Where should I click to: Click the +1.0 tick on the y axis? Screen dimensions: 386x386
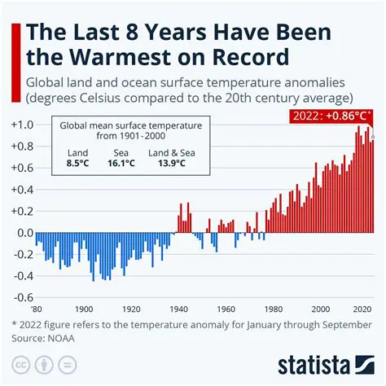coord(21,125)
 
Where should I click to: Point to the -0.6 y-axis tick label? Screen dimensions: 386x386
coord(21,297)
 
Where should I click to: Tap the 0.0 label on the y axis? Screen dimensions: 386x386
coord(23,233)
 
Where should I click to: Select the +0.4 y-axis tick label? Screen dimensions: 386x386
coord(21,190)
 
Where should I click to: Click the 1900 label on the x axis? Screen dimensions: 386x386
coord(83,310)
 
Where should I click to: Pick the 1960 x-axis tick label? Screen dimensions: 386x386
coord(226,310)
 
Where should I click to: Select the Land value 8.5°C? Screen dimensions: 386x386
coord(78,163)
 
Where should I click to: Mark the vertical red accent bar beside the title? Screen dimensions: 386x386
coord(11,44)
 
